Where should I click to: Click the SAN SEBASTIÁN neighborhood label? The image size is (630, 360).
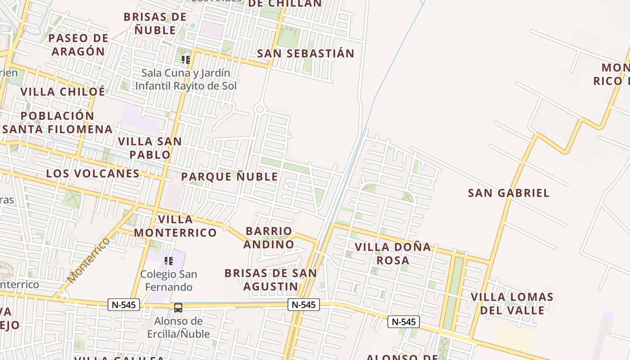[306, 54]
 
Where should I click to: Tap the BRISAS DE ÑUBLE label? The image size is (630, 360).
[155, 24]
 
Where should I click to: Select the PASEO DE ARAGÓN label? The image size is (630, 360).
[78, 45]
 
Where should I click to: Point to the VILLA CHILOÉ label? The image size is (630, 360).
[63, 92]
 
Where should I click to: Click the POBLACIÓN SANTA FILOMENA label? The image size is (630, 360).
[58, 122]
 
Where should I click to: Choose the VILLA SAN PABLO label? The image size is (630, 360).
[150, 148]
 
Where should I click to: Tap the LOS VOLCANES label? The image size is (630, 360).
[93, 174]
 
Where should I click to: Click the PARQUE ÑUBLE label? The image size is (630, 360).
[229, 177]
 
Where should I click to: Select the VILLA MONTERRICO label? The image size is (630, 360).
[175, 226]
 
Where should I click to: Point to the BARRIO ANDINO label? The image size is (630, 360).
[269, 238]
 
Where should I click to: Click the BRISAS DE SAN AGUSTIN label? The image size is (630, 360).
[270, 279]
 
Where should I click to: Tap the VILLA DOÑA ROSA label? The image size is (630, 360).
[393, 253]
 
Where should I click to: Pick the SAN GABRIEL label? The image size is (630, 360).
[508, 193]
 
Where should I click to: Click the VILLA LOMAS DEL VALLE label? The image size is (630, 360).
[512, 303]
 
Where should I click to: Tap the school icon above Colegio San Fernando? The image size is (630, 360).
[169, 261]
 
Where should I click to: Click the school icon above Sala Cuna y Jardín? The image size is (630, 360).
[186, 59]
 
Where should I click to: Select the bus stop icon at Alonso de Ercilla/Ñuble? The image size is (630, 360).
[178, 308]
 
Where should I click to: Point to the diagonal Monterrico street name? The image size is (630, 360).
[89, 261]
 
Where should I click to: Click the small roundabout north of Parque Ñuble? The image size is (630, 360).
[259, 109]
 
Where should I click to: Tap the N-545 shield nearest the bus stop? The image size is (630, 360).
[124, 305]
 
